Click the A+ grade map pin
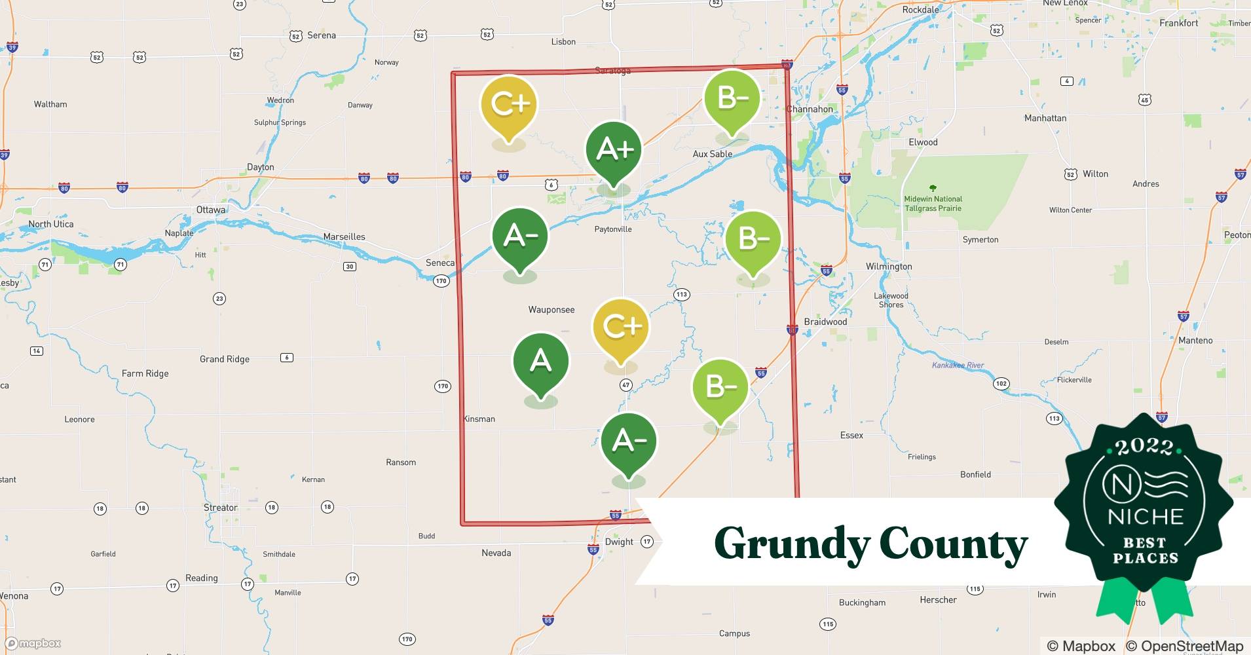(614, 151)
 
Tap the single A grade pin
(541, 362)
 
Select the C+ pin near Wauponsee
(620, 327)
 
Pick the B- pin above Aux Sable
(732, 99)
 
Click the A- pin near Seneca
(520, 236)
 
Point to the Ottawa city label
(211, 210)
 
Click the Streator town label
(221, 508)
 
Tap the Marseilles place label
(344, 236)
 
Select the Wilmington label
(888, 267)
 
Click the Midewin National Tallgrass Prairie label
(933, 203)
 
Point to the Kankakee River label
(958, 365)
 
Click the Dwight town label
(619, 542)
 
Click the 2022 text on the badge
(1144, 447)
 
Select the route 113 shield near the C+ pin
(681, 294)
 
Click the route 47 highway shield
(625, 385)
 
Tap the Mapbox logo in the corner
(33, 643)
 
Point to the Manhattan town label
(1045, 118)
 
